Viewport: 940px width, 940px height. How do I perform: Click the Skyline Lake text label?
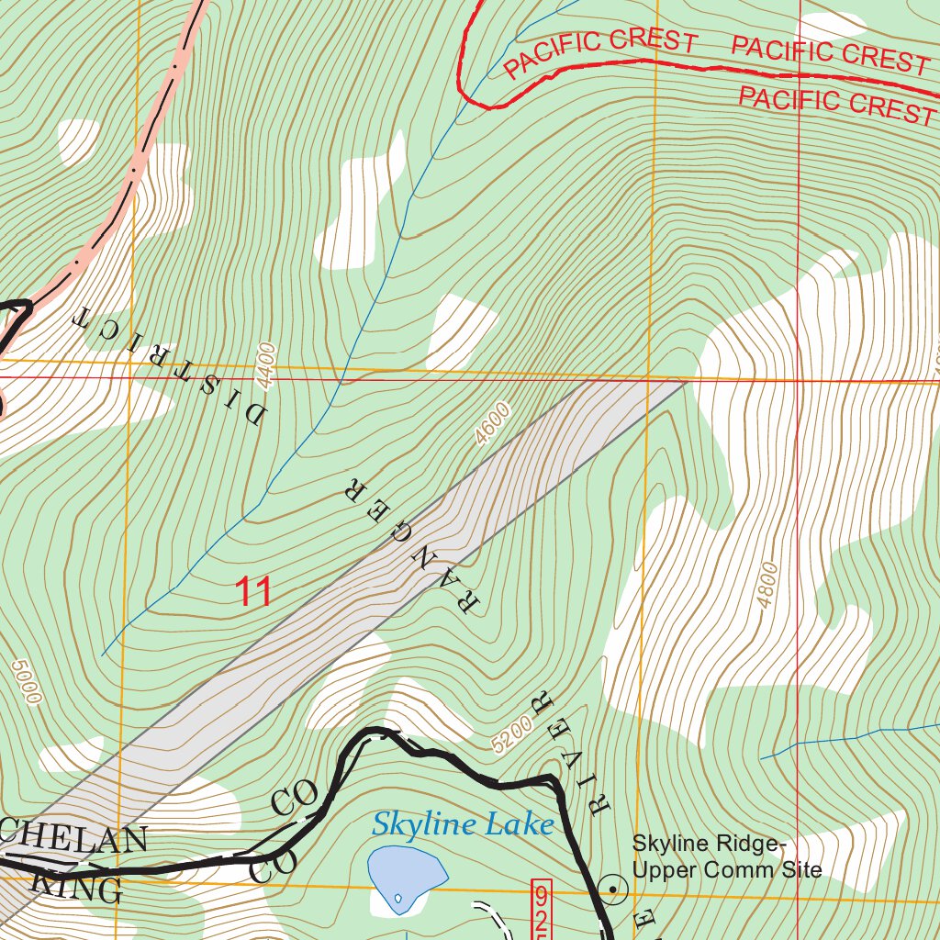(463, 824)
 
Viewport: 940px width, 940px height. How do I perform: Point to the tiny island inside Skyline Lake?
(397, 898)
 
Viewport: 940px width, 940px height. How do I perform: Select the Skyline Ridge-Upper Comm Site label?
(726, 856)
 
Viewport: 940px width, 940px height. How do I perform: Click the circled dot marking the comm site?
(612, 888)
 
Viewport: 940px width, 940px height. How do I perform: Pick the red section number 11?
(253, 592)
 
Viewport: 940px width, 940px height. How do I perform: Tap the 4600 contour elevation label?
(493, 423)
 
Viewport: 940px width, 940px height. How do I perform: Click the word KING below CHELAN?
(77, 887)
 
